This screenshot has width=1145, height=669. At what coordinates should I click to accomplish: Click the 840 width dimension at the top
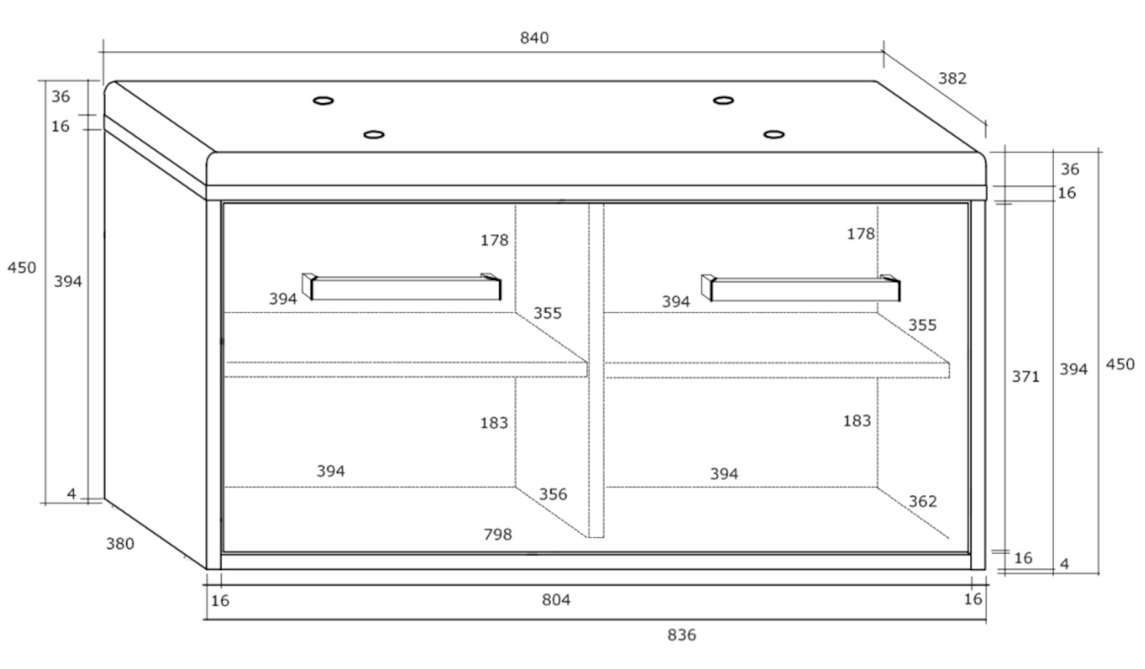tap(534, 38)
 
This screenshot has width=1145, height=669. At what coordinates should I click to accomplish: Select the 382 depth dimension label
tap(952, 79)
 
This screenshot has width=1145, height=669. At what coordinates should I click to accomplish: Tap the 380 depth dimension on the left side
tap(120, 543)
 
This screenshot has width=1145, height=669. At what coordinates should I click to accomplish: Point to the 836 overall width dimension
tap(682, 635)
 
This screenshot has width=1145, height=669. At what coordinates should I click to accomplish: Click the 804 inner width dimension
tap(556, 600)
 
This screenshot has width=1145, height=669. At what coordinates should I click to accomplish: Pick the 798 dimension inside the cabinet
tap(498, 534)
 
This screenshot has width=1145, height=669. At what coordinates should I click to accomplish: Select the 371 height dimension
tap(1025, 377)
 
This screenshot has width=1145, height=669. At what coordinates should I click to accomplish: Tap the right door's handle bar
tap(804, 290)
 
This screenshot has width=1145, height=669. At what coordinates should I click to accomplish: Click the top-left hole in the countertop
tap(323, 101)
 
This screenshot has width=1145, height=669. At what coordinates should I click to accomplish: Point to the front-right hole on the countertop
tap(774, 135)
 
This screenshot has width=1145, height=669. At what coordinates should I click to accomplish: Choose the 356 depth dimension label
tap(553, 495)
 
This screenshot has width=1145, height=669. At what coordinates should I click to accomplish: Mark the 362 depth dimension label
tap(922, 501)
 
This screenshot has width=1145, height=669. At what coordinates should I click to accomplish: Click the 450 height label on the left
tap(22, 268)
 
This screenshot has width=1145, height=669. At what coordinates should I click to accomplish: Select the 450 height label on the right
tap(1120, 364)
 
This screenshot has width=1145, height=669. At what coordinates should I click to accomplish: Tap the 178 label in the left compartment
tap(494, 240)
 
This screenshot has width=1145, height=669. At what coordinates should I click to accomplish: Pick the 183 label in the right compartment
tap(857, 421)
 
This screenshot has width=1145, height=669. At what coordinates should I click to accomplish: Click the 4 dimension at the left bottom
tap(71, 494)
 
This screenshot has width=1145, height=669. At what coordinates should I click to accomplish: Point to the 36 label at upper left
tap(61, 97)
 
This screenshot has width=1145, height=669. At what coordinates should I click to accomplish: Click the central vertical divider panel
tap(596, 370)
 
